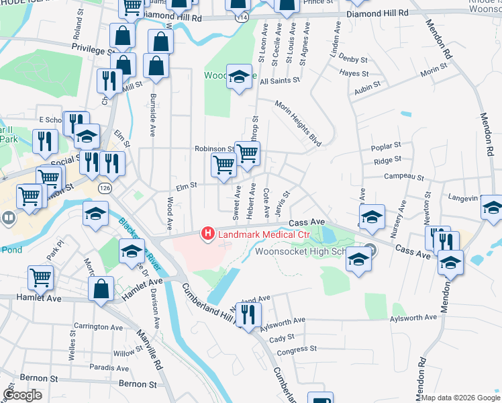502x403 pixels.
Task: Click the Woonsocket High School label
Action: (x=300, y=252)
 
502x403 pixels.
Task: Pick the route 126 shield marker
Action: (x=105, y=185)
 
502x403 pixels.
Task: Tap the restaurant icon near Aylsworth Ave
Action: (x=248, y=314)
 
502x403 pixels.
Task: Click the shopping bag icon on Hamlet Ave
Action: (x=101, y=289)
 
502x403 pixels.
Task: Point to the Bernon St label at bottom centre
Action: (x=137, y=384)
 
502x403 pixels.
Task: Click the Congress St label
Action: (x=296, y=350)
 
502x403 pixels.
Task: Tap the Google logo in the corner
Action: (x=23, y=394)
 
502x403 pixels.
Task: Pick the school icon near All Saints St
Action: (x=238, y=76)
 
